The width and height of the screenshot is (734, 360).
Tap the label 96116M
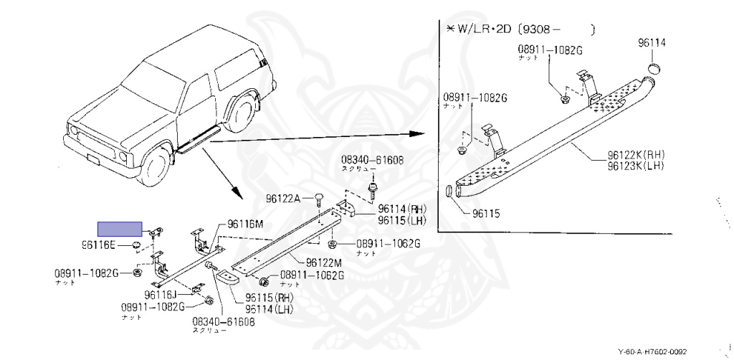pos(246,224)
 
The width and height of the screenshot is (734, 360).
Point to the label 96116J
pos(160,294)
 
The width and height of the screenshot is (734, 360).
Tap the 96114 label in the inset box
pos(652,43)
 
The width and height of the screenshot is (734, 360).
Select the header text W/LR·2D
pos(487,29)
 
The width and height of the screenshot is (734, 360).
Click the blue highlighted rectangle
pos(120,229)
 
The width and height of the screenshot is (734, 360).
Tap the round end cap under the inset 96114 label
pos(654,69)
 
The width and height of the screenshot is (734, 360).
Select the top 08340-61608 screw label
pos(372,163)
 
